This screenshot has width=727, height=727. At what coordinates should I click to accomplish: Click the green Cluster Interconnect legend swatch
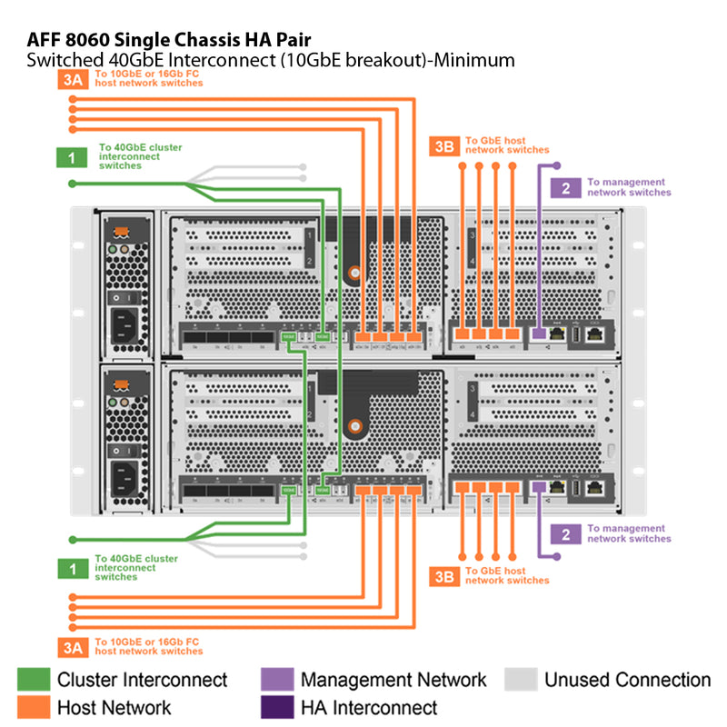[x=33, y=680]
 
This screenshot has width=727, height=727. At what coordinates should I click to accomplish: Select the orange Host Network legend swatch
[x=33, y=707]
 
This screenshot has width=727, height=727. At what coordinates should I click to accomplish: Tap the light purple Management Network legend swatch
[x=276, y=680]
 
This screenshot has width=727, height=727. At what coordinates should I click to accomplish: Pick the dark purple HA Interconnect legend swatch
[x=276, y=707]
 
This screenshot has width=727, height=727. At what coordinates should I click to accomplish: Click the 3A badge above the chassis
[x=72, y=80]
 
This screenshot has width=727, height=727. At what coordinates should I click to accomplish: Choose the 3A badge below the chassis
[x=72, y=647]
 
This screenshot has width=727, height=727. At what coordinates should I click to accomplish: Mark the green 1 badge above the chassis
[x=72, y=157]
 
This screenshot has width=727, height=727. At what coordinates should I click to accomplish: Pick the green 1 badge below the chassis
[x=72, y=569]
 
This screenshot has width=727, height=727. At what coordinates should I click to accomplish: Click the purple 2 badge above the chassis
[x=565, y=188]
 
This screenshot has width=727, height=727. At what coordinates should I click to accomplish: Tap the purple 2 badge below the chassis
[x=565, y=533]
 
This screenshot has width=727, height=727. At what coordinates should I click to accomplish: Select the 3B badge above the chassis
[x=443, y=146]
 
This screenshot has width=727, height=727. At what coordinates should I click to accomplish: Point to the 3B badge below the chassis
[x=443, y=575]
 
